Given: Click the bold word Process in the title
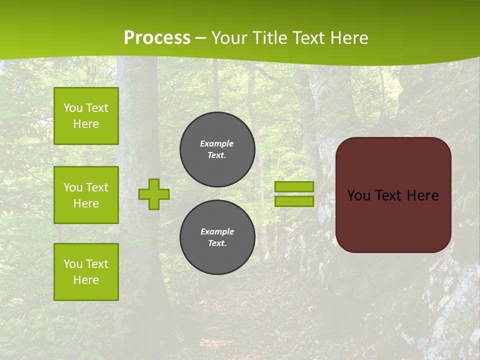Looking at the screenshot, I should click(x=157, y=38).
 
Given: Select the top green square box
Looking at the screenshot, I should click(x=86, y=116).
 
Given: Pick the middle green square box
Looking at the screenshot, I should click(x=86, y=195).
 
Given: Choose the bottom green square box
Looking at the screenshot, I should click(x=86, y=271).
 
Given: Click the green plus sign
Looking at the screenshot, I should click(x=154, y=194).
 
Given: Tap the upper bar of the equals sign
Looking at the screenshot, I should click(x=294, y=187).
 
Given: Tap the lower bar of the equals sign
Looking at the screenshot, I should click(x=294, y=201).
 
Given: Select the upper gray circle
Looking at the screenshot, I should click(x=217, y=149).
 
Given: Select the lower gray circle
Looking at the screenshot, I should click(x=217, y=237).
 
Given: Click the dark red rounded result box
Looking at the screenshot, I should click(x=393, y=195).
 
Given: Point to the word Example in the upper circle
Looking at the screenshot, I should click(x=217, y=143).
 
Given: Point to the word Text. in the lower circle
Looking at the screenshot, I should click(x=217, y=243).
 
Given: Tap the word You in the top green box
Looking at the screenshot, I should click(x=73, y=108).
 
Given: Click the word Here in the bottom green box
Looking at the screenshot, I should click(x=86, y=280).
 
